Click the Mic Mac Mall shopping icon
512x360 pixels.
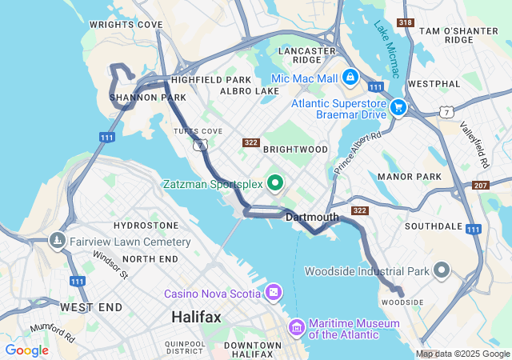click(x=350, y=78)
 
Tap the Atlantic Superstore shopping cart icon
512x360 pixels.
click(x=398, y=106)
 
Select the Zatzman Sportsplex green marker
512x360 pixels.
click(x=275, y=184)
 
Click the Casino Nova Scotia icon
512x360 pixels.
click(x=274, y=293)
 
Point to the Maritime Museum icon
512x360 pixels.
click(x=298, y=326)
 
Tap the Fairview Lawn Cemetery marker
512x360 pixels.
click(x=57, y=240)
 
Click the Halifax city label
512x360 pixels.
click(x=196, y=318)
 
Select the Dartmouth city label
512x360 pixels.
click(x=312, y=217)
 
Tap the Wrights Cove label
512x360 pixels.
click(x=126, y=25)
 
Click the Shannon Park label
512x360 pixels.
click(x=137, y=98)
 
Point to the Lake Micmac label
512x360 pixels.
click(x=386, y=48)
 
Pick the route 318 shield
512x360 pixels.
click(x=406, y=22)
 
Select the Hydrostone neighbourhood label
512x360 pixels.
click(x=146, y=226)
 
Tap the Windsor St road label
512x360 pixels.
click(x=110, y=264)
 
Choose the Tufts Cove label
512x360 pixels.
click(x=198, y=130)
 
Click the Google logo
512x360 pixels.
click(x=26, y=350)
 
